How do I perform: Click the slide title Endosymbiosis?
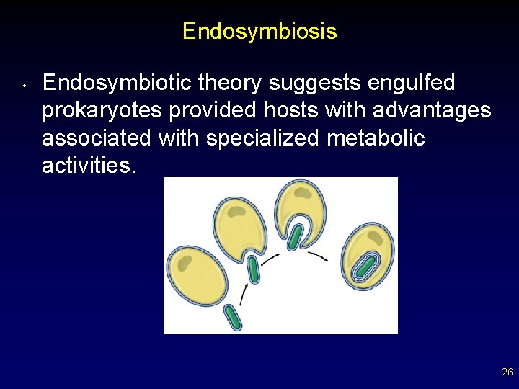pos(259,32)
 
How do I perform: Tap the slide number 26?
pos(507,372)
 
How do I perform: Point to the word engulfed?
pos(411,84)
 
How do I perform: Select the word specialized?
pos(263,138)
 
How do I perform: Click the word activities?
pos(89,165)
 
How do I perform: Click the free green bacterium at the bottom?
pos(233,317)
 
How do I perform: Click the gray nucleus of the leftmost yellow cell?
pos(185,260)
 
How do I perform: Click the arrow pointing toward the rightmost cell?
pos(317,255)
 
